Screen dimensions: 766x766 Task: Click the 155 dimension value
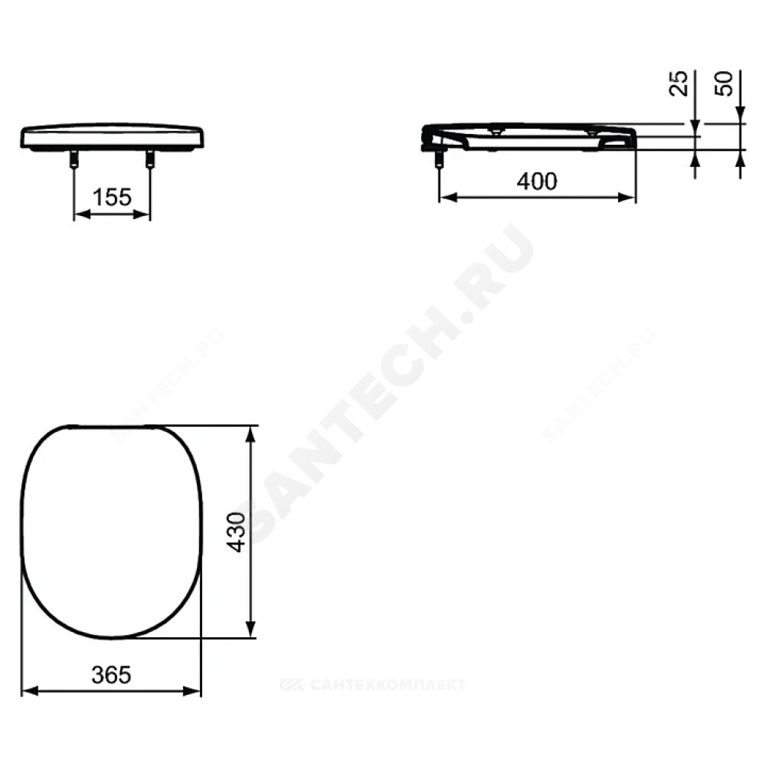pos(112,198)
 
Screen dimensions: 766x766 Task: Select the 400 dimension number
pos(537,182)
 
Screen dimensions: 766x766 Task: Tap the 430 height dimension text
pos(238,532)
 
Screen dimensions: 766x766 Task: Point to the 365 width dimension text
pos(111,675)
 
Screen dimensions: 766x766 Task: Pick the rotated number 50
pos(724,83)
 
